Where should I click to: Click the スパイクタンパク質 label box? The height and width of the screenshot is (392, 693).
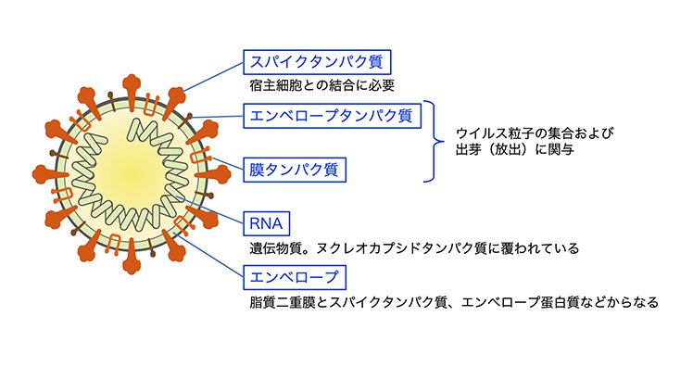(317, 62)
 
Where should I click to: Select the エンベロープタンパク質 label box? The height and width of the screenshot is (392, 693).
(332, 116)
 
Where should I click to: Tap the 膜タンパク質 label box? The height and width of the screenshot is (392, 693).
(295, 170)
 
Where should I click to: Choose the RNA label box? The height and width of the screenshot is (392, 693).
(267, 223)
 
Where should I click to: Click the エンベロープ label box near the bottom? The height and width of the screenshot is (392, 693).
(295, 277)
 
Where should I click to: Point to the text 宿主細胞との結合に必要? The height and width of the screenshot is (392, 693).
(321, 85)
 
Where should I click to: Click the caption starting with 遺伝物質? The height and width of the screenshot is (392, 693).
(414, 248)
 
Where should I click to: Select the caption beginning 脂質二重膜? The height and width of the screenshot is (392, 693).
(454, 302)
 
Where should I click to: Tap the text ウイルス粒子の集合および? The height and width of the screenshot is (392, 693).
(535, 133)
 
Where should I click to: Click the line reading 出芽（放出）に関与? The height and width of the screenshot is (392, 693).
(515, 149)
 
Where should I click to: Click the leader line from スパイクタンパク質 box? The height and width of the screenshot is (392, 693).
(212, 77)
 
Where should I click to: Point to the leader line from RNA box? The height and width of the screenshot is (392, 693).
(210, 210)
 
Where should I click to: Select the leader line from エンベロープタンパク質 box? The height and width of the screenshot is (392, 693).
(218, 117)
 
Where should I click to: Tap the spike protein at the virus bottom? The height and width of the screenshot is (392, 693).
(132, 257)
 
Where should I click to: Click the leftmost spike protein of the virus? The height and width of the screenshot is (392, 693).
(49, 174)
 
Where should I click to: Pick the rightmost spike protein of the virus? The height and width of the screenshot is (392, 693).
(213, 174)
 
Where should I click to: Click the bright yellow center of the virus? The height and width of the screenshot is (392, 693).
(132, 173)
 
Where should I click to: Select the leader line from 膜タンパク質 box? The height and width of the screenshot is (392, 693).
(228, 163)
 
